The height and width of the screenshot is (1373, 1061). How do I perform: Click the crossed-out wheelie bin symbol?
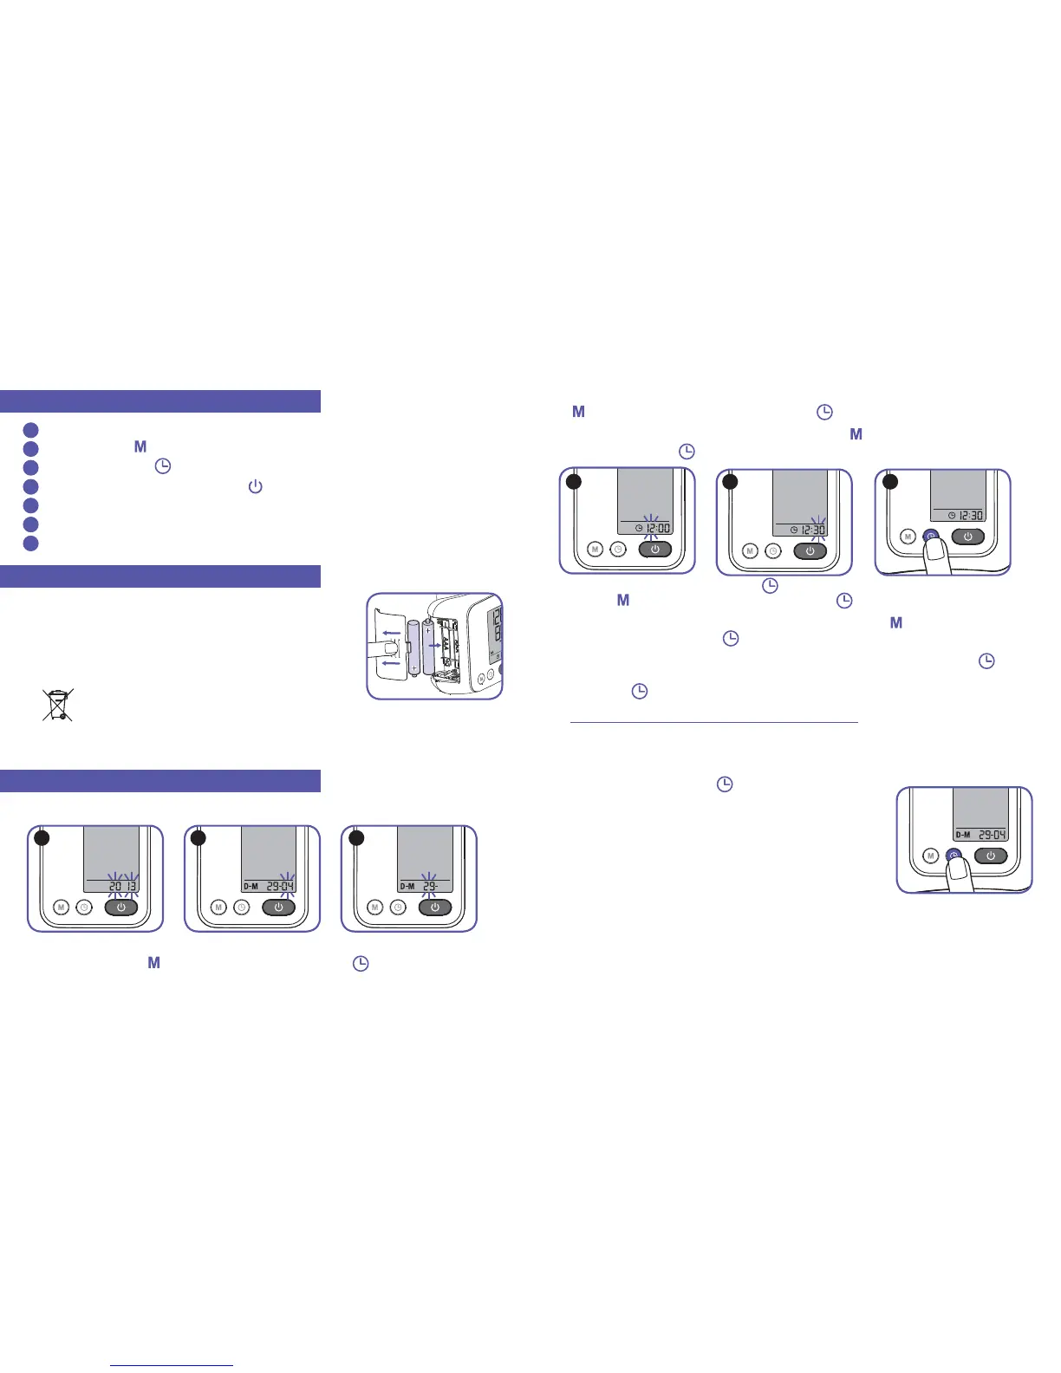click(58, 705)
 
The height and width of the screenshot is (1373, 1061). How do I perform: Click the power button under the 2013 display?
click(121, 908)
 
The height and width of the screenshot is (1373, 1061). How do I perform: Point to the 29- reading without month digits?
click(431, 886)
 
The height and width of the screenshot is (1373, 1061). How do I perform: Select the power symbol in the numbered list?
click(255, 486)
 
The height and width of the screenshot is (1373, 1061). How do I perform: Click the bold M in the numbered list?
click(140, 447)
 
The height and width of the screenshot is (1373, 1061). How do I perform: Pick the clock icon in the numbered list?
click(162, 466)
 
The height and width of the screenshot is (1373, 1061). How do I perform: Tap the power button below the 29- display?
click(434, 908)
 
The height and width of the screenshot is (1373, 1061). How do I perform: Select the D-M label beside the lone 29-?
click(407, 886)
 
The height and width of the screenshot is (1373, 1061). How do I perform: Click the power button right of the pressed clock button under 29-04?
click(991, 856)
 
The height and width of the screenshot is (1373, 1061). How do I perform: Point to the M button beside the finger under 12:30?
click(908, 537)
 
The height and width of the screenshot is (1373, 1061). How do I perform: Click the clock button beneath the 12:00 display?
click(619, 549)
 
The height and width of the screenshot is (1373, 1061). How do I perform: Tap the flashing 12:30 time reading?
click(813, 530)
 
